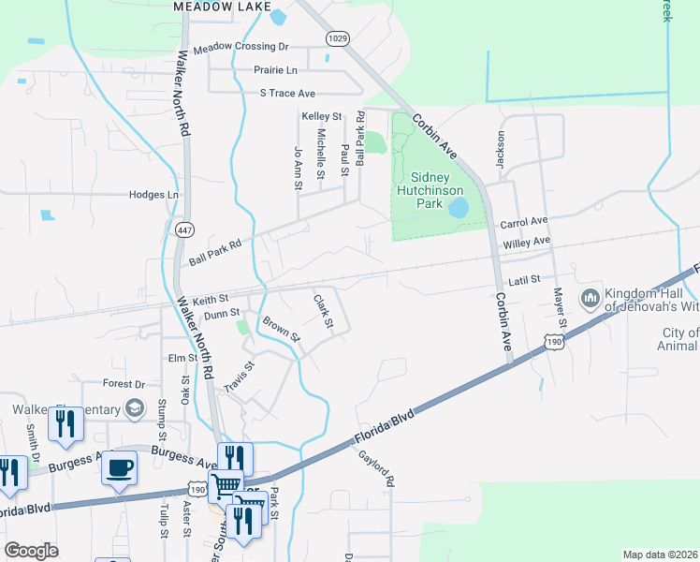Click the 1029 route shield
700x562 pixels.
338,37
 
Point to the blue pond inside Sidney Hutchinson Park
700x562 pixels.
459,207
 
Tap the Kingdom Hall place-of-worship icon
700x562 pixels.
590,300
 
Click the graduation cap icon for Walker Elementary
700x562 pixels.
136,408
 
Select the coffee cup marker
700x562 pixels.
119,467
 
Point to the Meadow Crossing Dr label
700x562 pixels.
241,47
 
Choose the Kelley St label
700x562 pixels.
321,116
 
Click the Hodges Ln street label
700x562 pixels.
153,195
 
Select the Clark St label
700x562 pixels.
324,312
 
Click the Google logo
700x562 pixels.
31,551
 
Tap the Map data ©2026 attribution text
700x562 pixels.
659,555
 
